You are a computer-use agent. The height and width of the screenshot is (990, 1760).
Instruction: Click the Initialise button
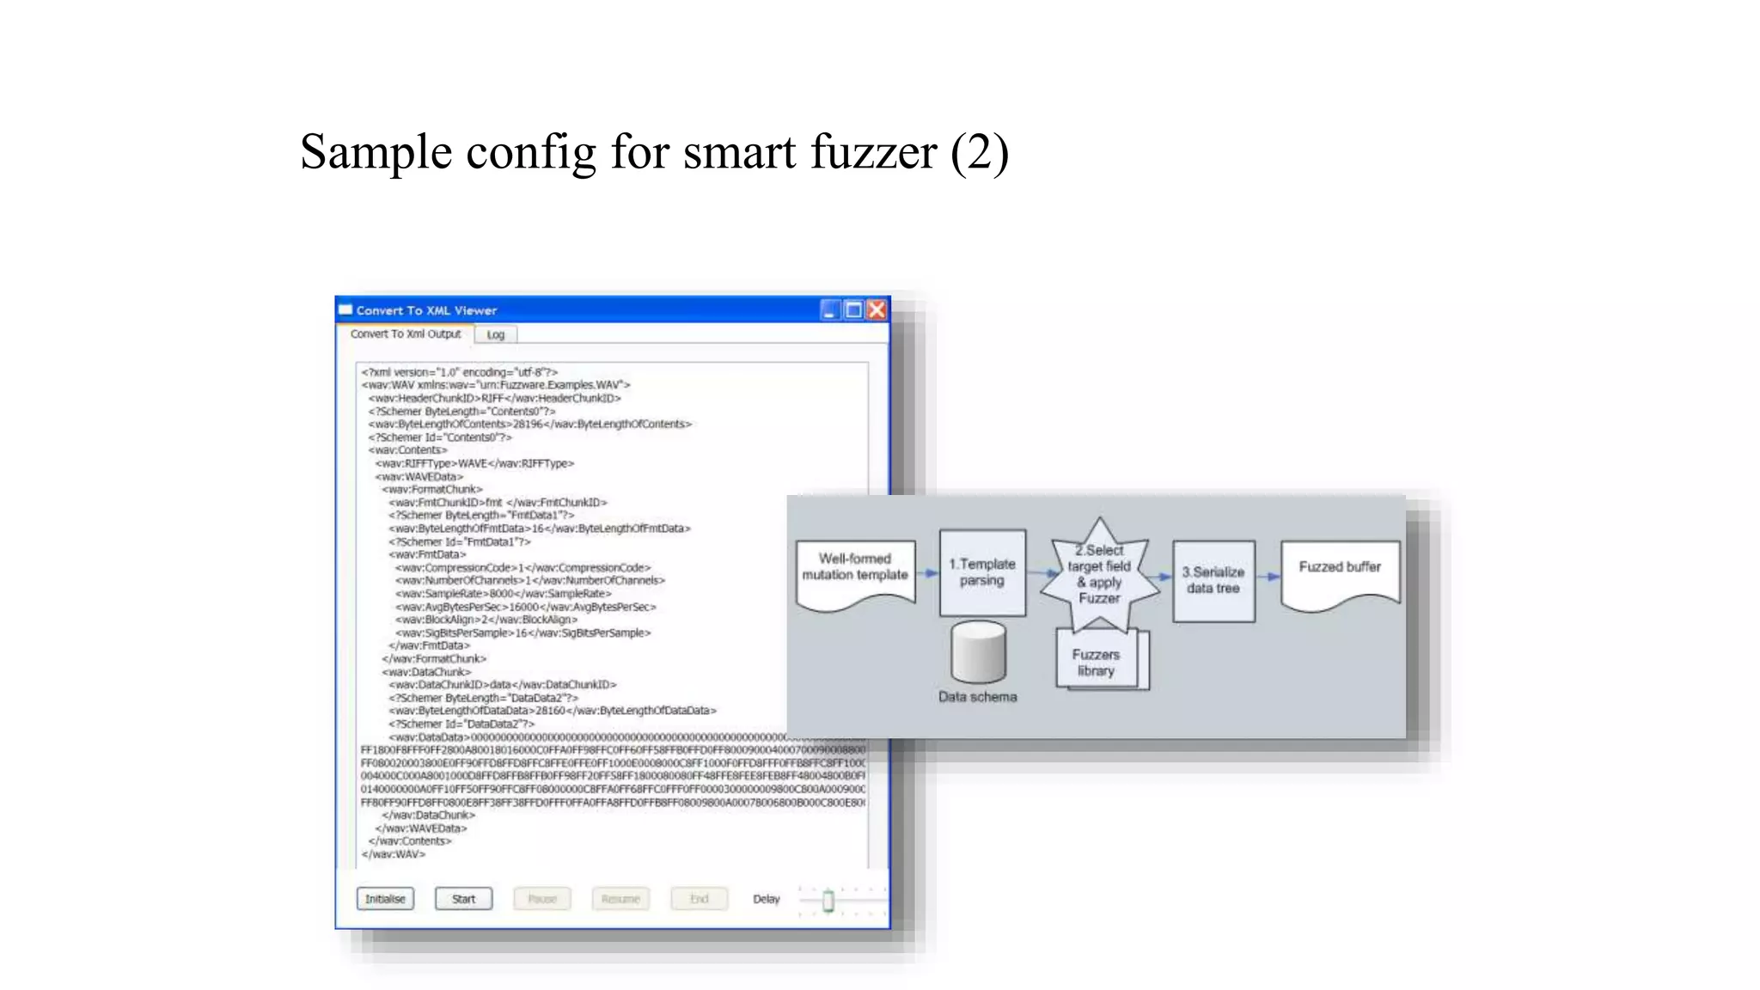coord(385,899)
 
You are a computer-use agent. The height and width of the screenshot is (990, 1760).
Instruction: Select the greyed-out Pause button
coord(542,899)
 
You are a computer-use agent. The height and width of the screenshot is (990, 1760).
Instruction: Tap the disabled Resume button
coord(620,899)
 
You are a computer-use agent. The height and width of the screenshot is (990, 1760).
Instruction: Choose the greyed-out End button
coord(700,899)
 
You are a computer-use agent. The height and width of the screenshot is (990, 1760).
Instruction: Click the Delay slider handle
coord(828,901)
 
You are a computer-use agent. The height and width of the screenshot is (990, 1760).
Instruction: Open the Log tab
coord(496,334)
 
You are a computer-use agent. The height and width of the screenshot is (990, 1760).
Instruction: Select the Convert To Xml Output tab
coord(406,333)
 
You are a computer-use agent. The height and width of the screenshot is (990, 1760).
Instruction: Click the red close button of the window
coord(877,309)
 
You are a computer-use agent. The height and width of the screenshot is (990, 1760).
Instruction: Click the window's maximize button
coord(853,309)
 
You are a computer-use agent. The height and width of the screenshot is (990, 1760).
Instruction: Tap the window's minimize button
coord(829,309)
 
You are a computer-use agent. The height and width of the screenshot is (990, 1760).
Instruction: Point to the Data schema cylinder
coord(979,653)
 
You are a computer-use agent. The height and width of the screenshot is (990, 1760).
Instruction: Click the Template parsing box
coord(982,572)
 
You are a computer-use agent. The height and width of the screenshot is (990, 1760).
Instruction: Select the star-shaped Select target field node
coord(1099,574)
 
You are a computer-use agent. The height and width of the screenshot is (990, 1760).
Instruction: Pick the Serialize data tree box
coord(1213,580)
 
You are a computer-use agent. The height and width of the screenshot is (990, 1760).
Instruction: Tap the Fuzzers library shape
coord(1097,662)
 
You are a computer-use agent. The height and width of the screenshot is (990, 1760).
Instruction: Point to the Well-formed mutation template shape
coord(855,572)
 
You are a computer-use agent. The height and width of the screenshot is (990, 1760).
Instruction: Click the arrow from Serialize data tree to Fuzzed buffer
coord(1268,577)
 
